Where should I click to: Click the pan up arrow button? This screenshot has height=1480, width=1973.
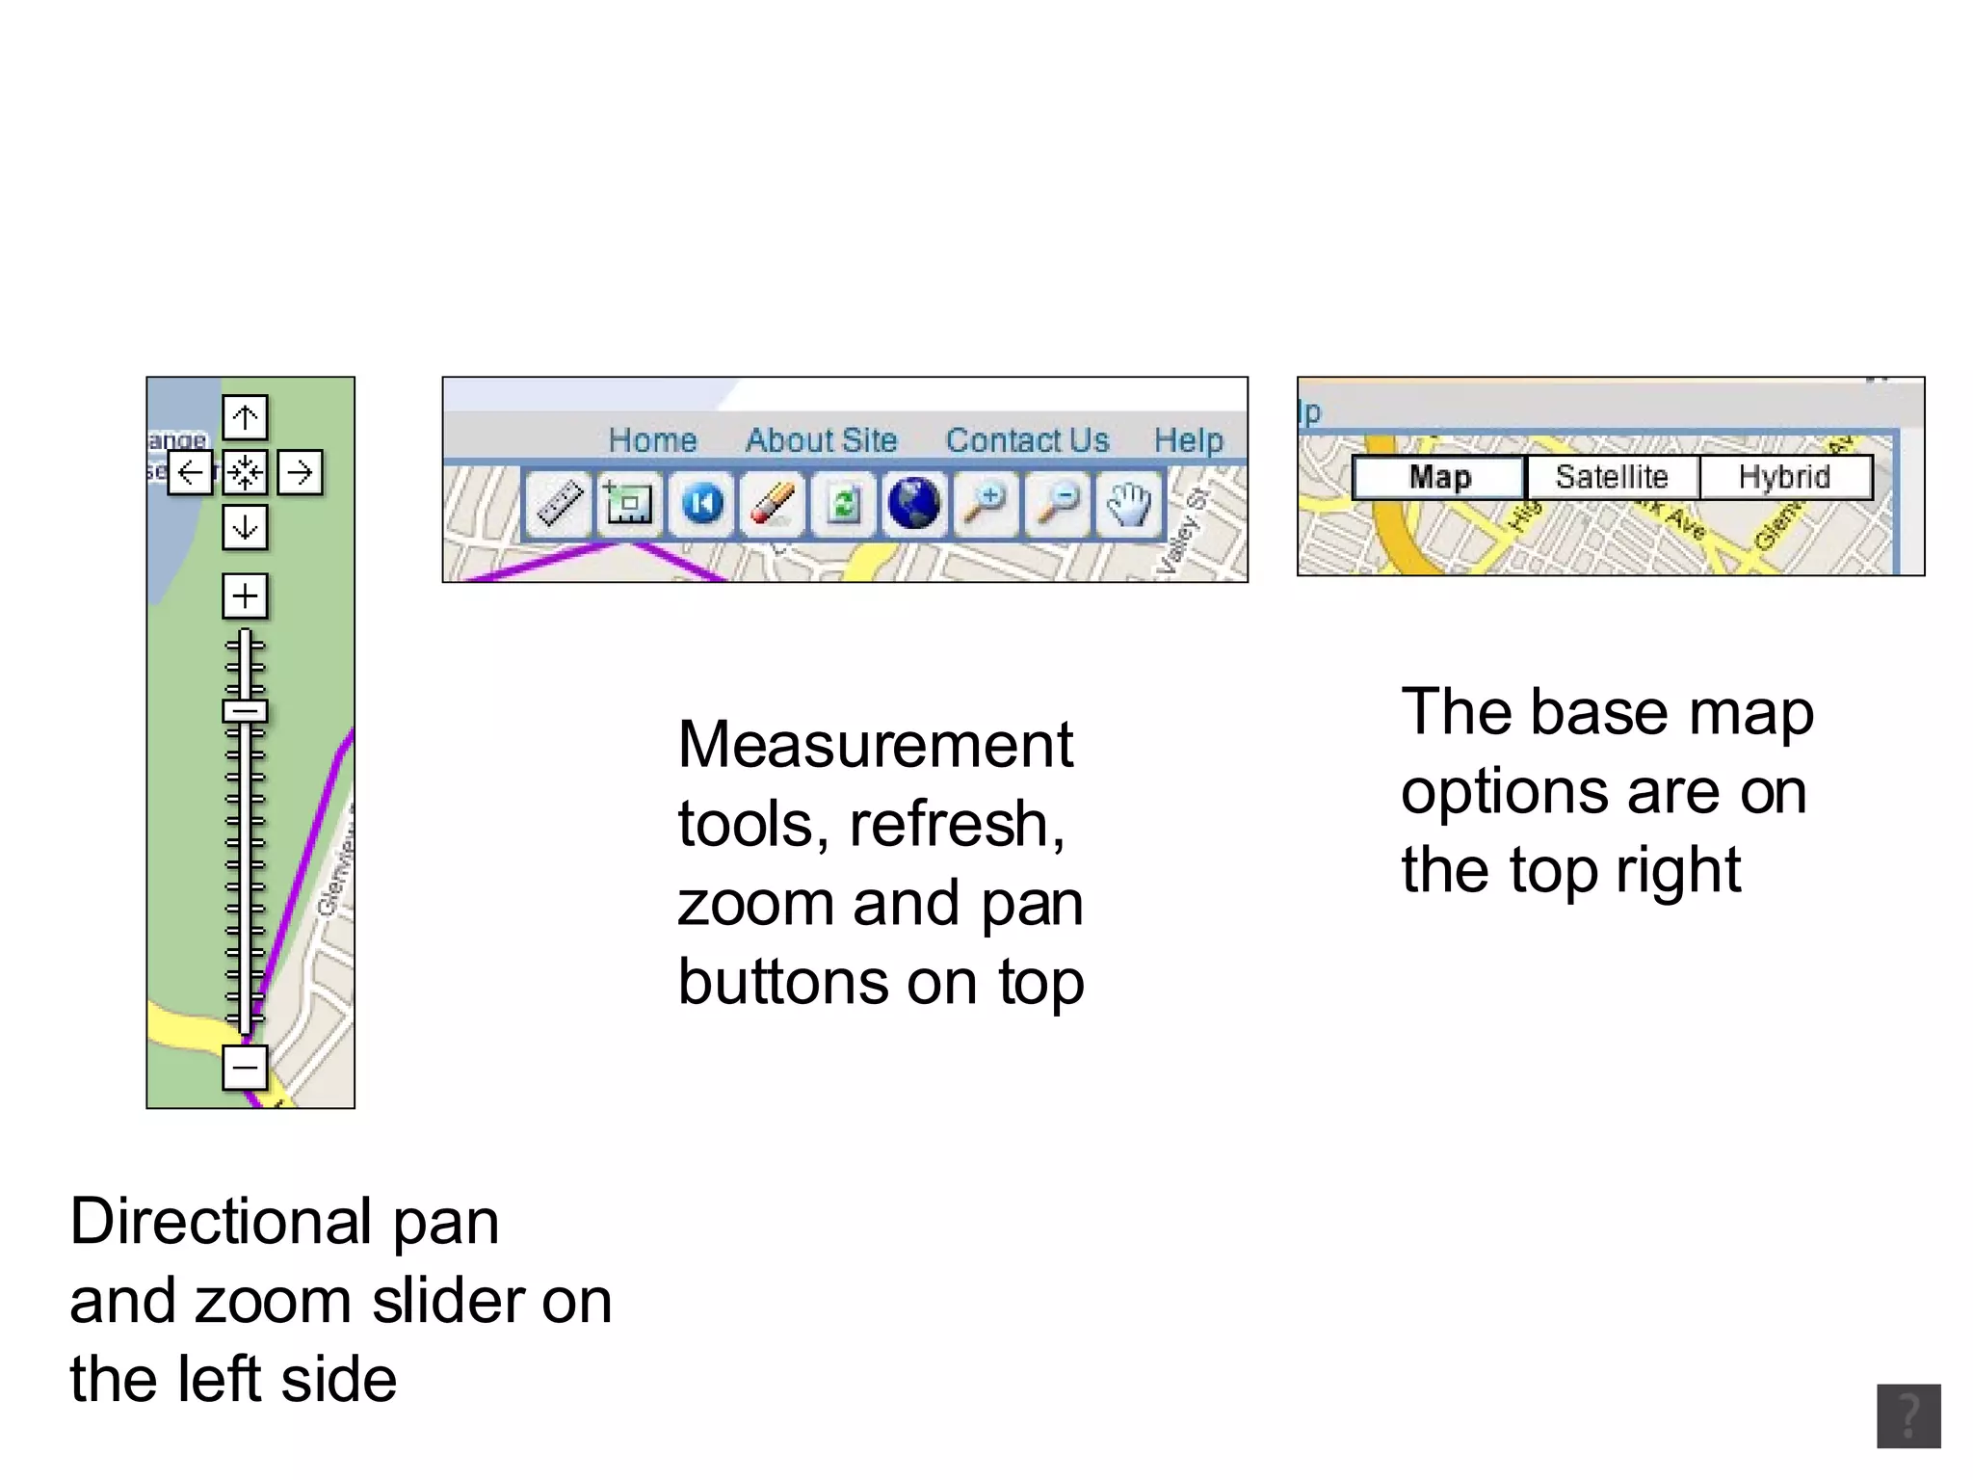point(245,418)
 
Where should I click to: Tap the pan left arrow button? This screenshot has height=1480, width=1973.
point(190,472)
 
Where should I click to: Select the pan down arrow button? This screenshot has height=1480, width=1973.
point(245,527)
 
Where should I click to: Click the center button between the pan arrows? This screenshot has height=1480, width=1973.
point(245,472)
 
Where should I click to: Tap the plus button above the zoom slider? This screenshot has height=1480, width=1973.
point(245,595)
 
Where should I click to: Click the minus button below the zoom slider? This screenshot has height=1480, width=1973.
point(245,1068)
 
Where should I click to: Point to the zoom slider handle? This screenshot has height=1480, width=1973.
point(245,712)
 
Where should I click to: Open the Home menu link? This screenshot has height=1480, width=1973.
point(652,440)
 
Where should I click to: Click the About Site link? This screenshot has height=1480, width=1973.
point(821,440)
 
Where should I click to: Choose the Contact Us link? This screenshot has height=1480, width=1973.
point(1027,440)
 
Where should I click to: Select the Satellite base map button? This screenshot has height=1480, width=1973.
point(1612,477)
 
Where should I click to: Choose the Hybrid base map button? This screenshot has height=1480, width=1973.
point(1784,477)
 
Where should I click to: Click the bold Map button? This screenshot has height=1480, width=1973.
point(1439,477)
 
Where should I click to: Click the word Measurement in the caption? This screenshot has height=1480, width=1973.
point(875,745)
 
